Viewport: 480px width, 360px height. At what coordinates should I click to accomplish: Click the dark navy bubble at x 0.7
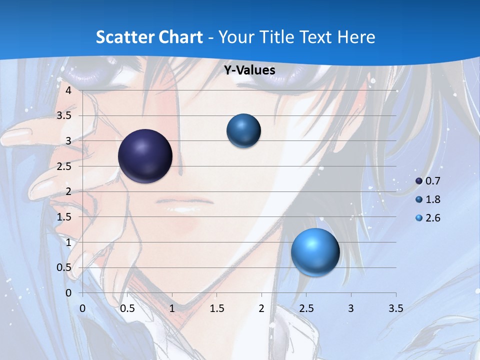click(x=145, y=156)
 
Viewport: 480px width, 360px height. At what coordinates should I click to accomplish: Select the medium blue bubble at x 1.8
click(x=243, y=130)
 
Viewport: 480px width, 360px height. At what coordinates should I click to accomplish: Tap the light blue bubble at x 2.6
click(x=315, y=252)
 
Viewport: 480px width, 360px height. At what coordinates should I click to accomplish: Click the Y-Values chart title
click(x=249, y=70)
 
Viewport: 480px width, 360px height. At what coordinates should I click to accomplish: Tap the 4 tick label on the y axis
click(x=68, y=90)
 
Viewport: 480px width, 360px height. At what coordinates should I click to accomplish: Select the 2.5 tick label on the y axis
click(x=64, y=166)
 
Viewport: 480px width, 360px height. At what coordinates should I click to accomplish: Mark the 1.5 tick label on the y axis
click(x=64, y=217)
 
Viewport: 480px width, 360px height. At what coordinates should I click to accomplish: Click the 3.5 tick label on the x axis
click(x=395, y=308)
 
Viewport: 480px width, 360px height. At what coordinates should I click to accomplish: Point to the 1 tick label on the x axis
click(x=172, y=308)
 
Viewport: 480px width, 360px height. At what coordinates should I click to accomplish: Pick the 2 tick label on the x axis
click(x=261, y=308)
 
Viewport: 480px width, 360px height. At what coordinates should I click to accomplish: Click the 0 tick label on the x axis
click(x=82, y=308)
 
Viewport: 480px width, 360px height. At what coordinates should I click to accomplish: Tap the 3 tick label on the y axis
click(x=68, y=141)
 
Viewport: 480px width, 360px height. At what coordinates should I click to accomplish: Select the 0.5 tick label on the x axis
click(x=127, y=308)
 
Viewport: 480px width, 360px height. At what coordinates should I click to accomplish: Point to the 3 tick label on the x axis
click(x=351, y=308)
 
